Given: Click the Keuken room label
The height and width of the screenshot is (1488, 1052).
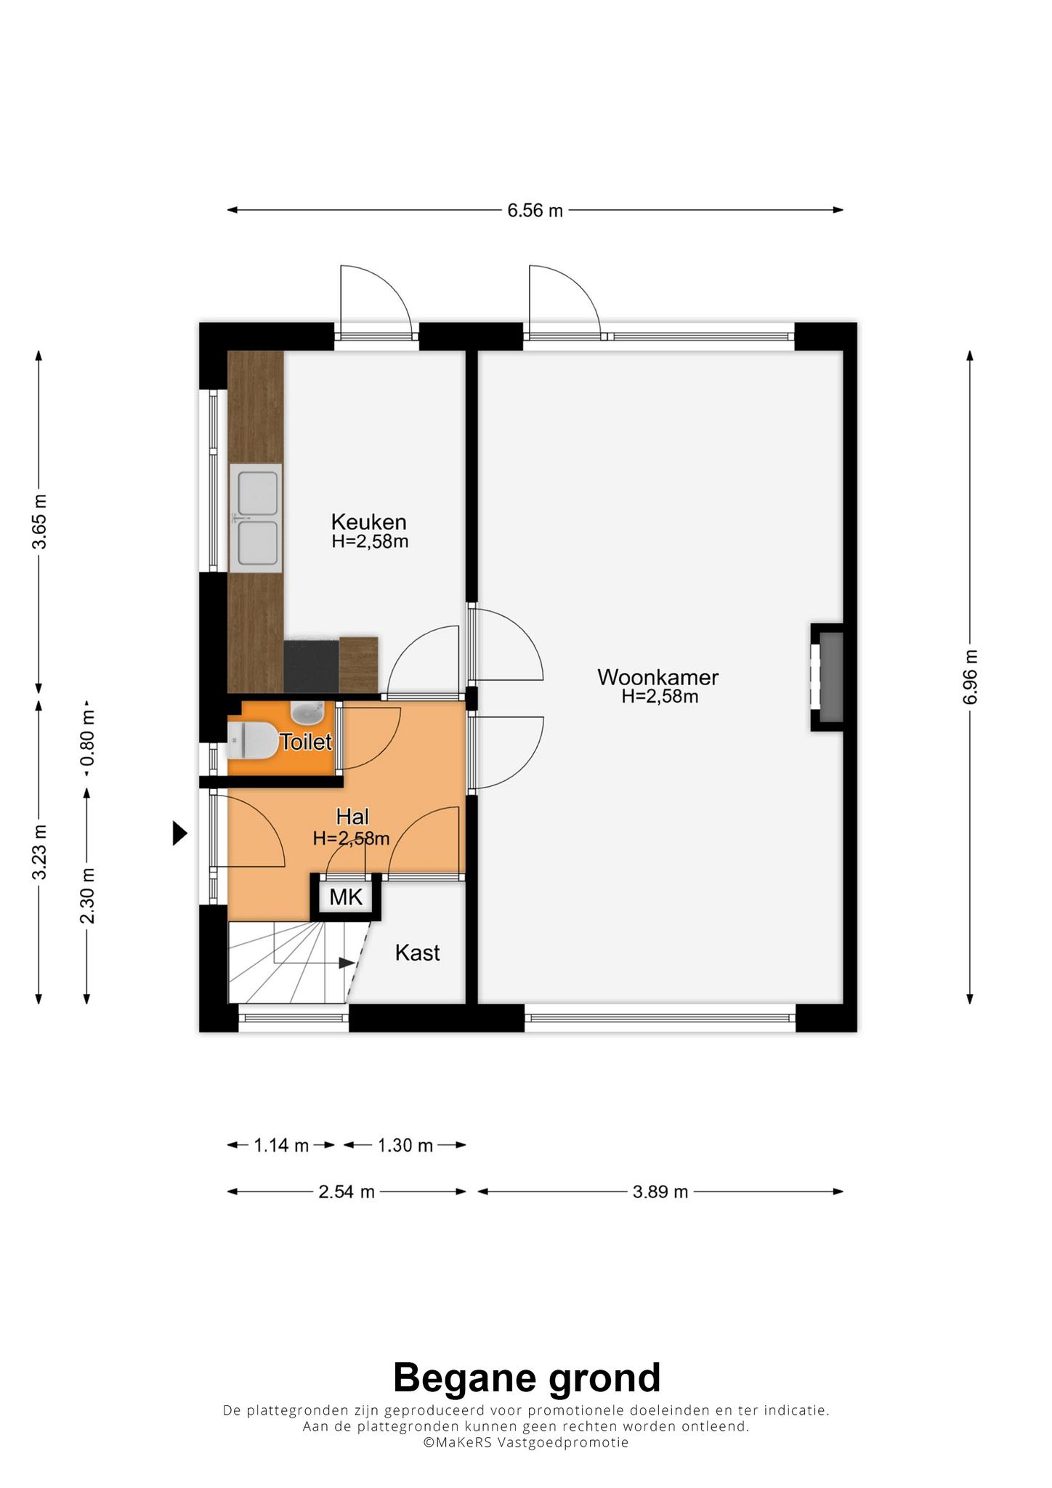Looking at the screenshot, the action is point(368,522).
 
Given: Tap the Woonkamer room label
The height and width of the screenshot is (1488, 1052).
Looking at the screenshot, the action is point(657,677).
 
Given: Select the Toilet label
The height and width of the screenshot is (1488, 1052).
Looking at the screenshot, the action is point(306,742).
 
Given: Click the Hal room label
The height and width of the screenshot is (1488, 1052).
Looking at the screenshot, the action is point(352,817).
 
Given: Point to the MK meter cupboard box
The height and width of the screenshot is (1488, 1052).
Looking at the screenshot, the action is point(346,897).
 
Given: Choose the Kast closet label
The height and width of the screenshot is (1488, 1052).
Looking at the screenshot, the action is point(417,953).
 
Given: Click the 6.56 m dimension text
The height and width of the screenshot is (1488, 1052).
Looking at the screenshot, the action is point(535,211).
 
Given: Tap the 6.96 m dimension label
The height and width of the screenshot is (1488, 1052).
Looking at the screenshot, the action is point(971,676).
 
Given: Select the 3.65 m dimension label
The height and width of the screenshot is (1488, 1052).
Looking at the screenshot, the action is point(40,522).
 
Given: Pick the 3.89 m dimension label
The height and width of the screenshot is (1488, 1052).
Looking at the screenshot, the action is point(660,1192).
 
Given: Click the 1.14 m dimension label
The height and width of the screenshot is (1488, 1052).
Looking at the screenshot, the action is point(281,1146).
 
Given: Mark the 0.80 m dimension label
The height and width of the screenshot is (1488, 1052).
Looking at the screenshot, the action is point(88,739).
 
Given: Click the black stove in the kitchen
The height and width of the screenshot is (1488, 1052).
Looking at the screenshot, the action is point(311,666).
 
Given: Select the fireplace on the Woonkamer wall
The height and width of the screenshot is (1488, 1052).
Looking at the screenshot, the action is point(827,677).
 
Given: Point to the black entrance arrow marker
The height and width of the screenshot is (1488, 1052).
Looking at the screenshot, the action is point(179,833).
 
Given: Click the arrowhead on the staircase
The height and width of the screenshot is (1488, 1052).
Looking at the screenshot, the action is point(346,963).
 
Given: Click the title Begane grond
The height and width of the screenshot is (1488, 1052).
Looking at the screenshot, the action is point(527,1377).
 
